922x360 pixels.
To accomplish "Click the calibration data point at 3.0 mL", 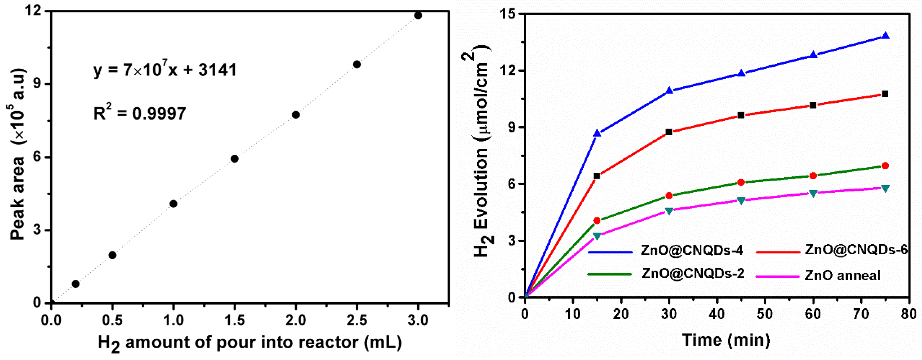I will [418, 15].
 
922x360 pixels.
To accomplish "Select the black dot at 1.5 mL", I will [234, 159].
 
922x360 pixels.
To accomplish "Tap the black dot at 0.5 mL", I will [112, 255].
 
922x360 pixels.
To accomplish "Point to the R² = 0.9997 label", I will [140, 113].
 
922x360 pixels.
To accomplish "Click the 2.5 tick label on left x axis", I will [357, 320].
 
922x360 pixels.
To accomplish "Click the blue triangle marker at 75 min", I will [885, 35].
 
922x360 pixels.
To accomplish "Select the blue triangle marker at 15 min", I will [597, 133].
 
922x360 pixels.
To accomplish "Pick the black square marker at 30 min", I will [669, 132].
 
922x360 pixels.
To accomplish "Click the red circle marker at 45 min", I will [741, 182].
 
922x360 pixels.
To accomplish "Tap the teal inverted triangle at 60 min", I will [813, 193].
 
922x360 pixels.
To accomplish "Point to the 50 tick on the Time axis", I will [765, 314].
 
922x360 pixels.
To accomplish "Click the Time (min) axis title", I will [726, 339].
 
